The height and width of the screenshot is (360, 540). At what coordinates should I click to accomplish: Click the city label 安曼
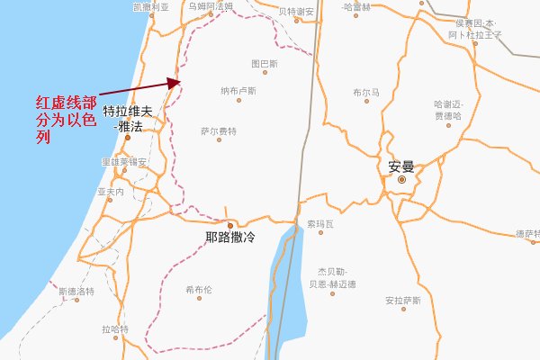[x=401, y=166]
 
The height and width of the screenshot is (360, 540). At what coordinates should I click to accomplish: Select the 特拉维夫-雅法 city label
[x=130, y=120]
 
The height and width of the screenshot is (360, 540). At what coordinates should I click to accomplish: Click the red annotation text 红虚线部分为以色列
[x=65, y=120]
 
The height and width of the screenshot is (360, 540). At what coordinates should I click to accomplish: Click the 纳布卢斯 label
[x=238, y=91]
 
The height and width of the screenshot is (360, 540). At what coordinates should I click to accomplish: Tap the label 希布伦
[x=198, y=290]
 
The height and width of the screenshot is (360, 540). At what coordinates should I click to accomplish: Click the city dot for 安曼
[x=401, y=179]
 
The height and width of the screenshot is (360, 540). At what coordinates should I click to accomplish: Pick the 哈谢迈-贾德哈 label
[x=447, y=110]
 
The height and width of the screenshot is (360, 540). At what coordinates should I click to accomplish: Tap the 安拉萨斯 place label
[x=402, y=300]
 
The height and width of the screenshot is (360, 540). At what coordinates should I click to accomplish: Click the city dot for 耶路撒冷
[x=230, y=225]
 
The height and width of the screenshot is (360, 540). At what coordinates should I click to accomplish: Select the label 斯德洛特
[x=76, y=292]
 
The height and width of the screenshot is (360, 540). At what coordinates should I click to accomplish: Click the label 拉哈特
[x=115, y=328]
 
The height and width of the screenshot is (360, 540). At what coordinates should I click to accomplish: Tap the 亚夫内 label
[x=110, y=193]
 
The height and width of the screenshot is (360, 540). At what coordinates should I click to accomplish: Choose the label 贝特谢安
[x=296, y=12]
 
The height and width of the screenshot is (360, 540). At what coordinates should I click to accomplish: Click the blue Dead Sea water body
[x=290, y=279]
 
